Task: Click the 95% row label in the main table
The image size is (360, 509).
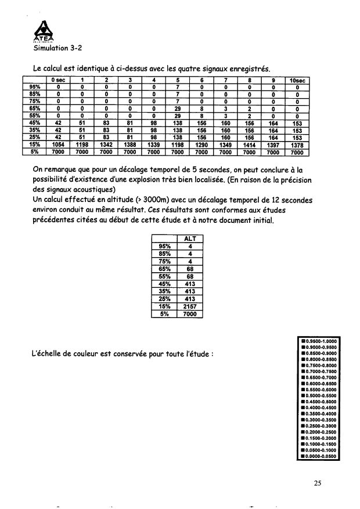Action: coord(34,88)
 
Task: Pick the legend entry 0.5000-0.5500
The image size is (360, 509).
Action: coord(316,395)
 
